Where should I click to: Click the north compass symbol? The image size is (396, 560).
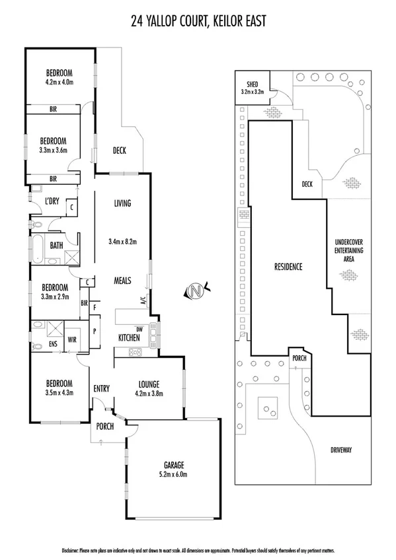(x=195, y=289)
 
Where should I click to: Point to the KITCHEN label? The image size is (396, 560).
(x=129, y=337)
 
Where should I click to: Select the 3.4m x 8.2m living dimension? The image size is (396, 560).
(x=122, y=242)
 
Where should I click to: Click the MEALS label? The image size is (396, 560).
(x=122, y=280)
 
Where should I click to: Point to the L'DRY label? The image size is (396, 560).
(x=53, y=202)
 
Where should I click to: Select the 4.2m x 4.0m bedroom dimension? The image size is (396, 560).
(x=59, y=82)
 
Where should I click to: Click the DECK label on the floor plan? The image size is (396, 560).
(x=119, y=151)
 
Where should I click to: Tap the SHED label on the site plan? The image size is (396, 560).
(x=252, y=85)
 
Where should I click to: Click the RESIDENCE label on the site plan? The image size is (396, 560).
(x=288, y=267)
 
